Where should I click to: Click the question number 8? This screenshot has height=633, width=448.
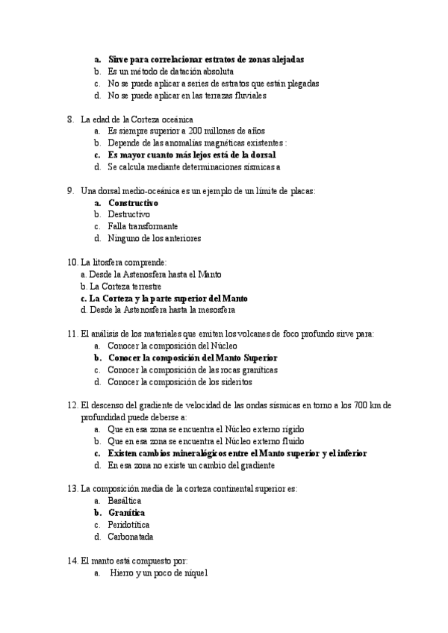point(69,119)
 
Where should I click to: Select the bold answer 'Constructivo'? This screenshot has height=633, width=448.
point(133,202)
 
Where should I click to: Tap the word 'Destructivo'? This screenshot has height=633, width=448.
point(128,214)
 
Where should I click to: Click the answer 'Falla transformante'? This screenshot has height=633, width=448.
point(143,226)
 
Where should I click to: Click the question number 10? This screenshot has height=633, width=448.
point(72,262)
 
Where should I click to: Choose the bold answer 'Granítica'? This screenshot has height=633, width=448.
point(126,513)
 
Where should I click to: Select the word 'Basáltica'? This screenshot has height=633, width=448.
point(125,501)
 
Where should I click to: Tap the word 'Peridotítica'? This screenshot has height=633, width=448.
point(129,525)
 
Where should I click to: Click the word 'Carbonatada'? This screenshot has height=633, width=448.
point(131,537)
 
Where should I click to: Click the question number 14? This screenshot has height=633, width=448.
point(72,561)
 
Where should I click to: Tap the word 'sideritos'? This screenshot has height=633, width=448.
point(233,381)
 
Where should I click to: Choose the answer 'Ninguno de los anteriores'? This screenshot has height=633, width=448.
point(154,238)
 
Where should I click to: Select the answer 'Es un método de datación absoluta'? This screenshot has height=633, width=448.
point(165,71)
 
